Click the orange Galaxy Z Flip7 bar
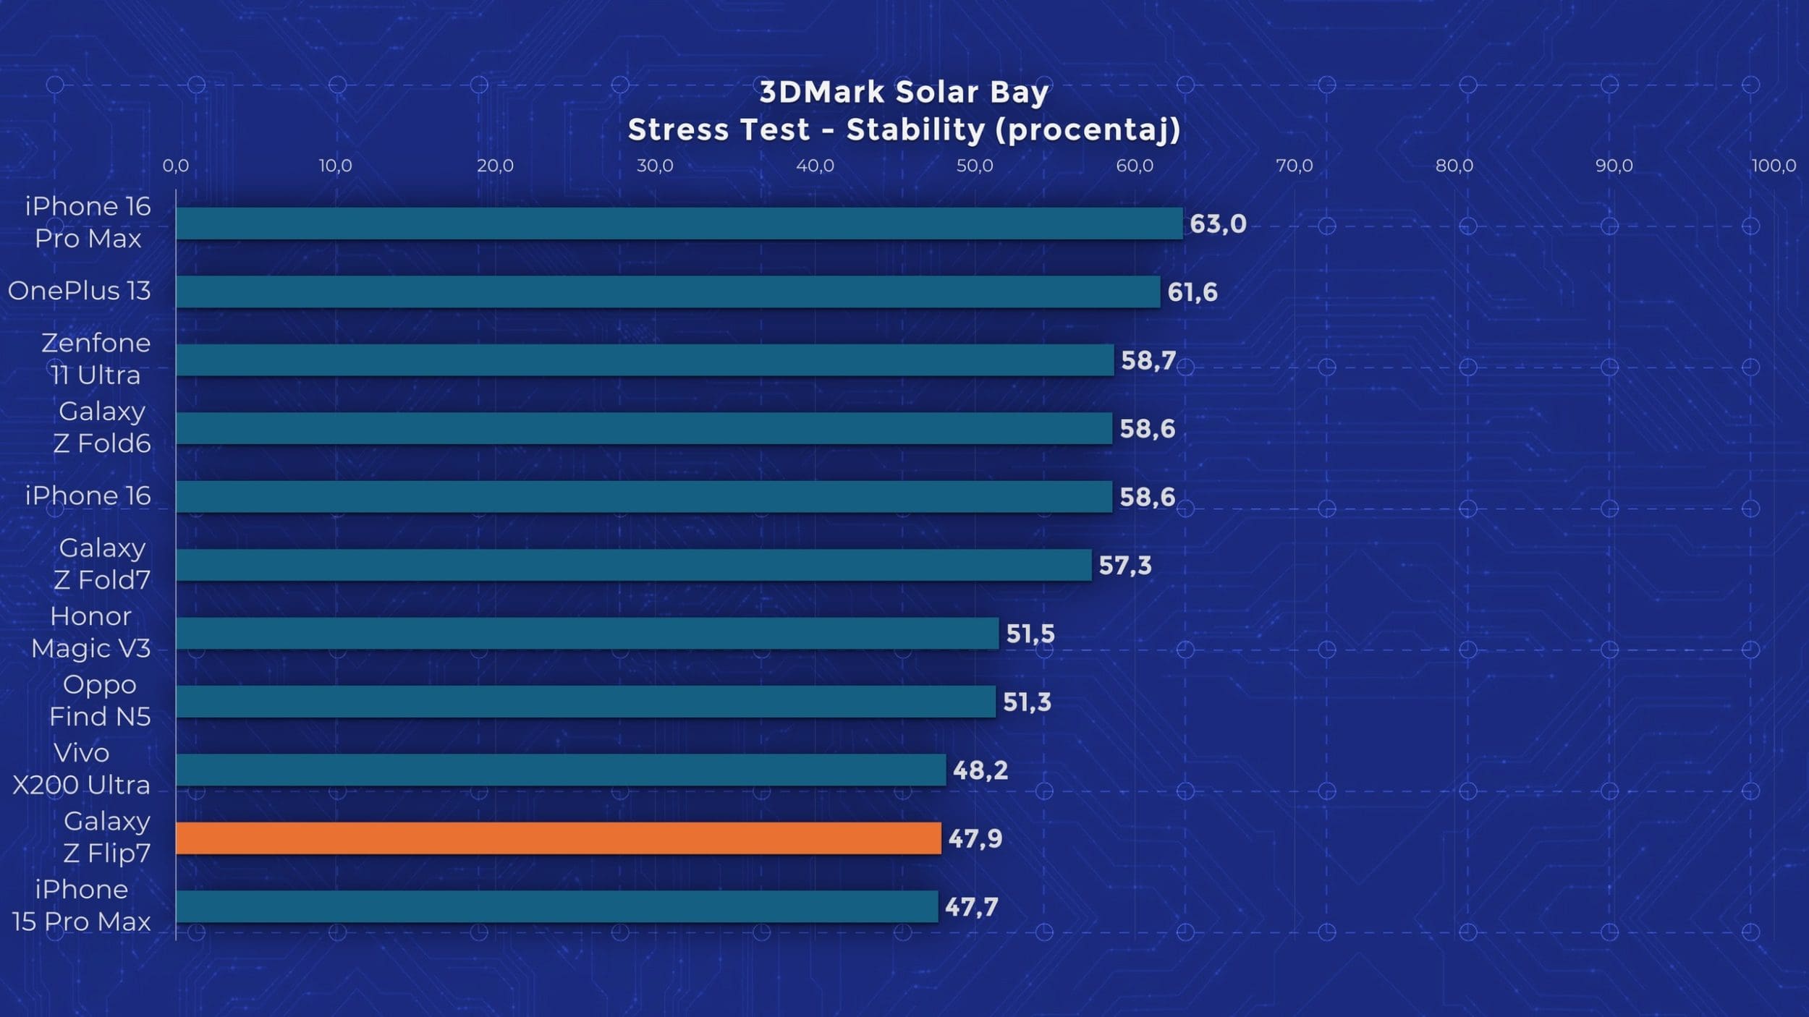click(558, 838)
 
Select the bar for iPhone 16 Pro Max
click(679, 224)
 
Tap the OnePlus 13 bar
click(667, 292)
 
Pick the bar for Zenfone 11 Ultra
click(644, 360)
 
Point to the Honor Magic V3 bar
click(587, 634)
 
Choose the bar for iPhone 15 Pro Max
click(556, 907)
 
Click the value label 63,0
click(1218, 224)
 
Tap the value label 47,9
click(975, 839)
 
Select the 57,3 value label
click(1124, 566)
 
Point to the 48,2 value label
click(980, 770)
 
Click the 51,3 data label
click(1026, 702)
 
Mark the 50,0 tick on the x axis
click(975, 166)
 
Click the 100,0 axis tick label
click(1773, 166)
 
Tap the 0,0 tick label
click(175, 166)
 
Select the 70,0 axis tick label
click(1294, 166)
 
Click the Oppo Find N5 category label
click(100, 700)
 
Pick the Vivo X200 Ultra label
click(81, 769)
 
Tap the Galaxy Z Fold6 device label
click(102, 427)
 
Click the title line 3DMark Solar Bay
click(904, 92)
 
